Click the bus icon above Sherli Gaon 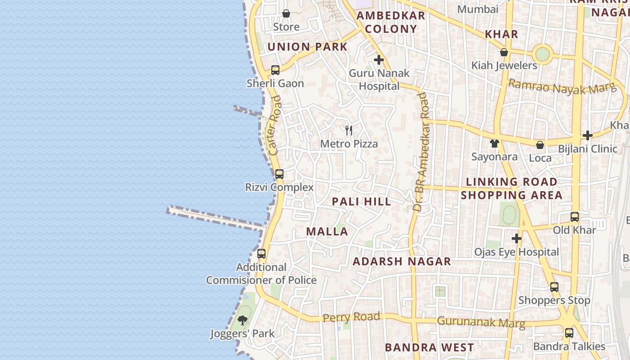point(275,70)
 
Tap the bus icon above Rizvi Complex point(279,174)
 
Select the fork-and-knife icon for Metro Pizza point(349,130)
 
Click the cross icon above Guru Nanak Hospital point(379,60)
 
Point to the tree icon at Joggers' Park point(243,320)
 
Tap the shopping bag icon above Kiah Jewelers point(504,52)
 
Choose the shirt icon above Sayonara point(495,144)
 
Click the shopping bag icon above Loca point(540,145)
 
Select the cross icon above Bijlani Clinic point(587,135)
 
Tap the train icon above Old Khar point(574,217)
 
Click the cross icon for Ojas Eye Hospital point(517,238)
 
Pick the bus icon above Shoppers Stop point(554,287)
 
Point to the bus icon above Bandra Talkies point(569,333)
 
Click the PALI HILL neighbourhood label point(362,202)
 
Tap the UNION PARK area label point(307,47)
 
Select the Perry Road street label point(351,317)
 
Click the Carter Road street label point(274,125)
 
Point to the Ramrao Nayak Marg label point(562,87)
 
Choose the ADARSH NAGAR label point(401,261)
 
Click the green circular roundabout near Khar point(543,54)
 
